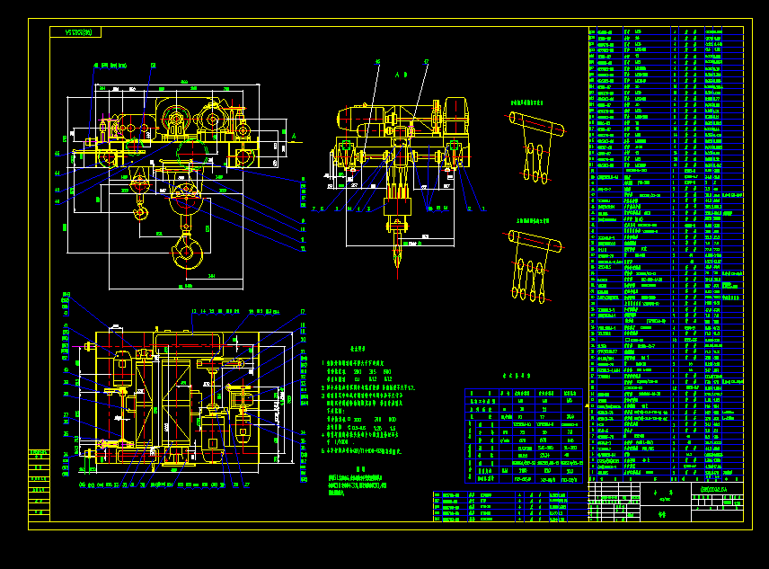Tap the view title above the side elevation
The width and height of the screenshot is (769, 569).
[400, 77]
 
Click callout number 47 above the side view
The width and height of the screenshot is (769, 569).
[426, 61]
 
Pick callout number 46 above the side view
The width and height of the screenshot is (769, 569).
[377, 61]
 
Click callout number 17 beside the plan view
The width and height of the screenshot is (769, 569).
[303, 312]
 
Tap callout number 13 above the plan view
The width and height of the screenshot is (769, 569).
[193, 311]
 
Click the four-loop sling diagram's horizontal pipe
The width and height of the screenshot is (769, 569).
[538, 241]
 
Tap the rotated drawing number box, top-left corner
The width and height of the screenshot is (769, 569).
[75, 32]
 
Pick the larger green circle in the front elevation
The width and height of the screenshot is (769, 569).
[174, 119]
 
